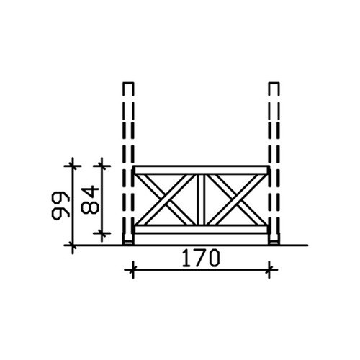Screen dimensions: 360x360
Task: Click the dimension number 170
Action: tap(201, 258)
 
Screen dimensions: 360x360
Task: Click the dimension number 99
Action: tap(60, 205)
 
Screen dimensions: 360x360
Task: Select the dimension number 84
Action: tap(90, 200)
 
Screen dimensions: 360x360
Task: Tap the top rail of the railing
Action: tap(201, 170)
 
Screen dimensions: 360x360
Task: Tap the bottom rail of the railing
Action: tap(201, 229)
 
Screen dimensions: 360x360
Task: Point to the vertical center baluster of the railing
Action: tap(201, 199)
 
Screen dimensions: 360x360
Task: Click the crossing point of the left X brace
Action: tap(166, 199)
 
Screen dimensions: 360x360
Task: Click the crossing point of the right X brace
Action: tap(236, 199)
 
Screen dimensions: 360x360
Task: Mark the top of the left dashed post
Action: tap(128, 83)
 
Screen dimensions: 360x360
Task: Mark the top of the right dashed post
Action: tap(274, 83)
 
